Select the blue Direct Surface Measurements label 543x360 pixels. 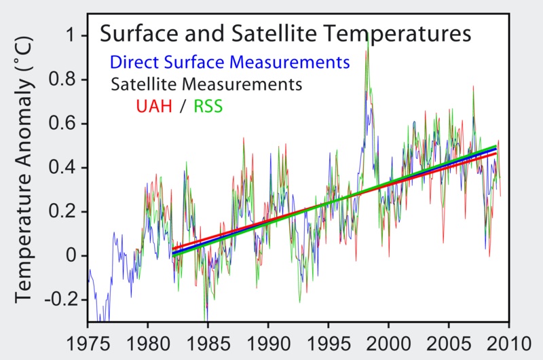coord(229,62)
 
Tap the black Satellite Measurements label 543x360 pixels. coord(206,85)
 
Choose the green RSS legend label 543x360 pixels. coord(209,107)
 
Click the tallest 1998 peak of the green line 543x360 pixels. coord(367,34)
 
